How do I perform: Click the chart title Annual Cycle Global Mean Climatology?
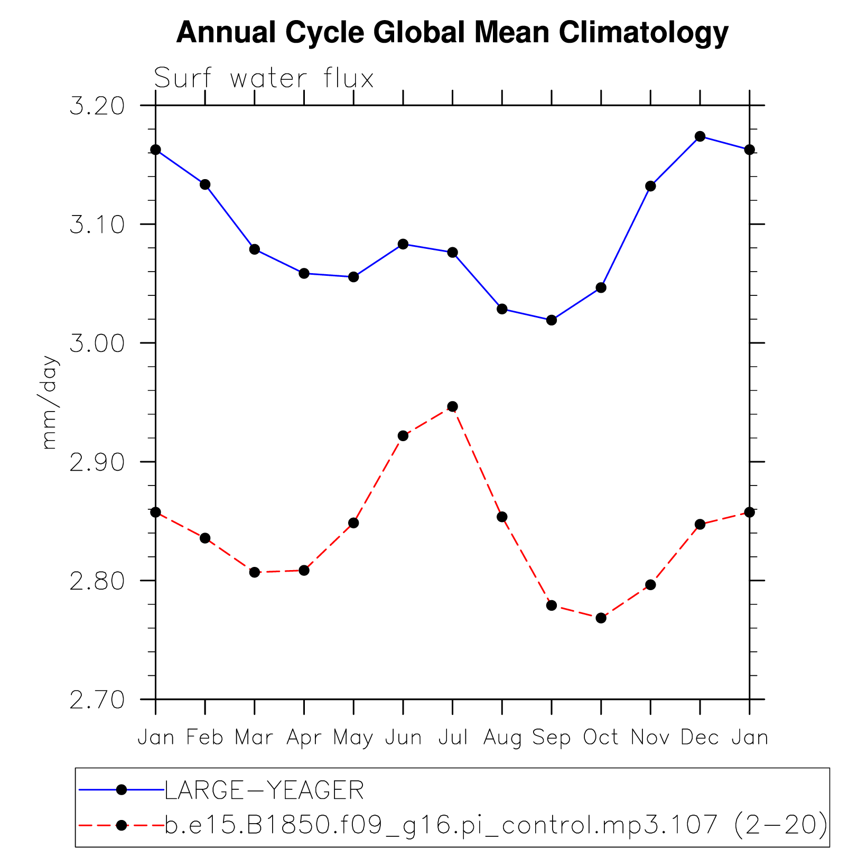point(452,33)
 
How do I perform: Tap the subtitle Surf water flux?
point(264,79)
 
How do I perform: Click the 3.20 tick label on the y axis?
point(97,106)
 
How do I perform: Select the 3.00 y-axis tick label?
point(97,344)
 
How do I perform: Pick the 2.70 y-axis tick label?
point(97,701)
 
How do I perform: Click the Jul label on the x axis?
point(453,737)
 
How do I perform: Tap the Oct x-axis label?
point(601,737)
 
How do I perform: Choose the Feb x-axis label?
point(205,737)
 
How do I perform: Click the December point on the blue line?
point(700,136)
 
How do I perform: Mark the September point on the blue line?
point(552,320)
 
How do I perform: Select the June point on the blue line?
point(403,244)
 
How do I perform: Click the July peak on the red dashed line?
point(452,406)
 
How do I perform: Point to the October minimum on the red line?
point(601,618)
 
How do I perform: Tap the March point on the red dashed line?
point(255,572)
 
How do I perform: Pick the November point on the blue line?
point(650,186)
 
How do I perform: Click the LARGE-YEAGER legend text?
point(264,790)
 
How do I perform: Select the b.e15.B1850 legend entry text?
point(496,825)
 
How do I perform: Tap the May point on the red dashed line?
point(353,523)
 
